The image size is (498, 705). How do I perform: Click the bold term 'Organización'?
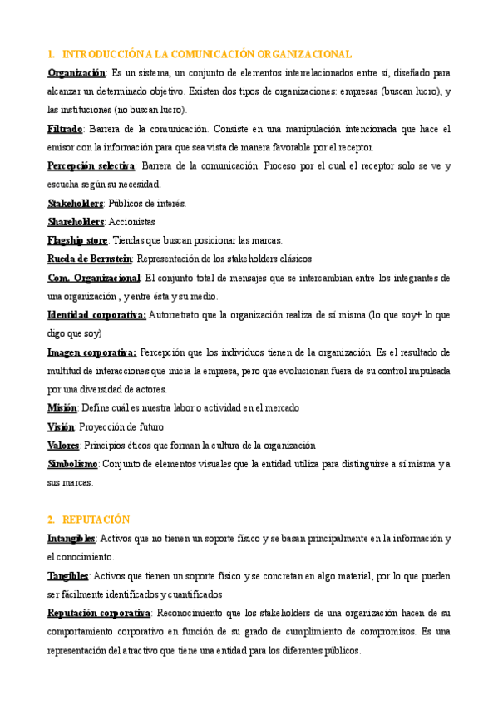click(x=76, y=73)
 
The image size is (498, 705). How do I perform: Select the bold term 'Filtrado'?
click(x=65, y=129)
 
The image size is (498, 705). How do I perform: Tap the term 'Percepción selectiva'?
click(x=91, y=166)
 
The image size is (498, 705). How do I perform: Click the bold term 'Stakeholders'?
click(x=76, y=203)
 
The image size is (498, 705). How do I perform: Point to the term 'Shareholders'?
click(x=76, y=222)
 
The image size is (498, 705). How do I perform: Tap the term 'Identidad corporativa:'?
click(x=96, y=315)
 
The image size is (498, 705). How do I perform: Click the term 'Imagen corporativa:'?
click(x=91, y=352)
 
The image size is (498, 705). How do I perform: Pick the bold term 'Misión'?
click(x=62, y=408)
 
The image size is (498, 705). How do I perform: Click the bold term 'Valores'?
click(x=63, y=445)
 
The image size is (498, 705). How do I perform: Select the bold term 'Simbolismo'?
click(x=73, y=464)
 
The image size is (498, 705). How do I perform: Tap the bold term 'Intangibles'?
click(x=71, y=539)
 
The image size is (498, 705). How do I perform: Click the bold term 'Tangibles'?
click(x=68, y=575)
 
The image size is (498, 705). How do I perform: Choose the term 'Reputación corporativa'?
click(x=99, y=613)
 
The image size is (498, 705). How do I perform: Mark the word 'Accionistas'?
click(x=132, y=222)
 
